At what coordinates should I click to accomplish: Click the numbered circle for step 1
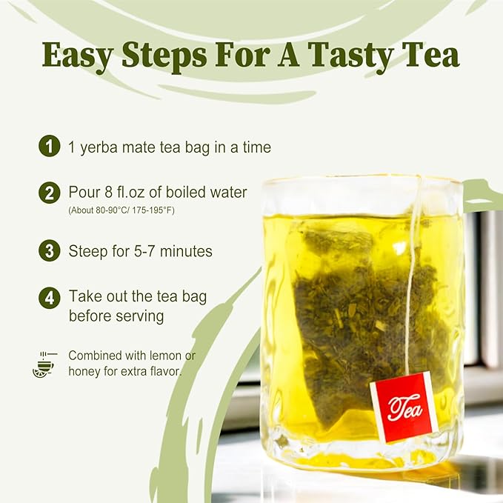pyautogui.click(x=49, y=147)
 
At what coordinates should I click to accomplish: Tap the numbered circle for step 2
pyautogui.click(x=49, y=193)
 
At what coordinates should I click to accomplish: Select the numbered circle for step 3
pyautogui.click(x=49, y=251)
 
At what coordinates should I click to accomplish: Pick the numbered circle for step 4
pyautogui.click(x=49, y=298)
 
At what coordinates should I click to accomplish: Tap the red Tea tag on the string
pyautogui.click(x=403, y=407)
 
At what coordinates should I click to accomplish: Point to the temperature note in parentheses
pyautogui.click(x=121, y=211)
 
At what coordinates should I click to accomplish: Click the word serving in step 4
pyautogui.click(x=140, y=316)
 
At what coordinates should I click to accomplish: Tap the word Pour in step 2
pyautogui.click(x=84, y=193)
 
